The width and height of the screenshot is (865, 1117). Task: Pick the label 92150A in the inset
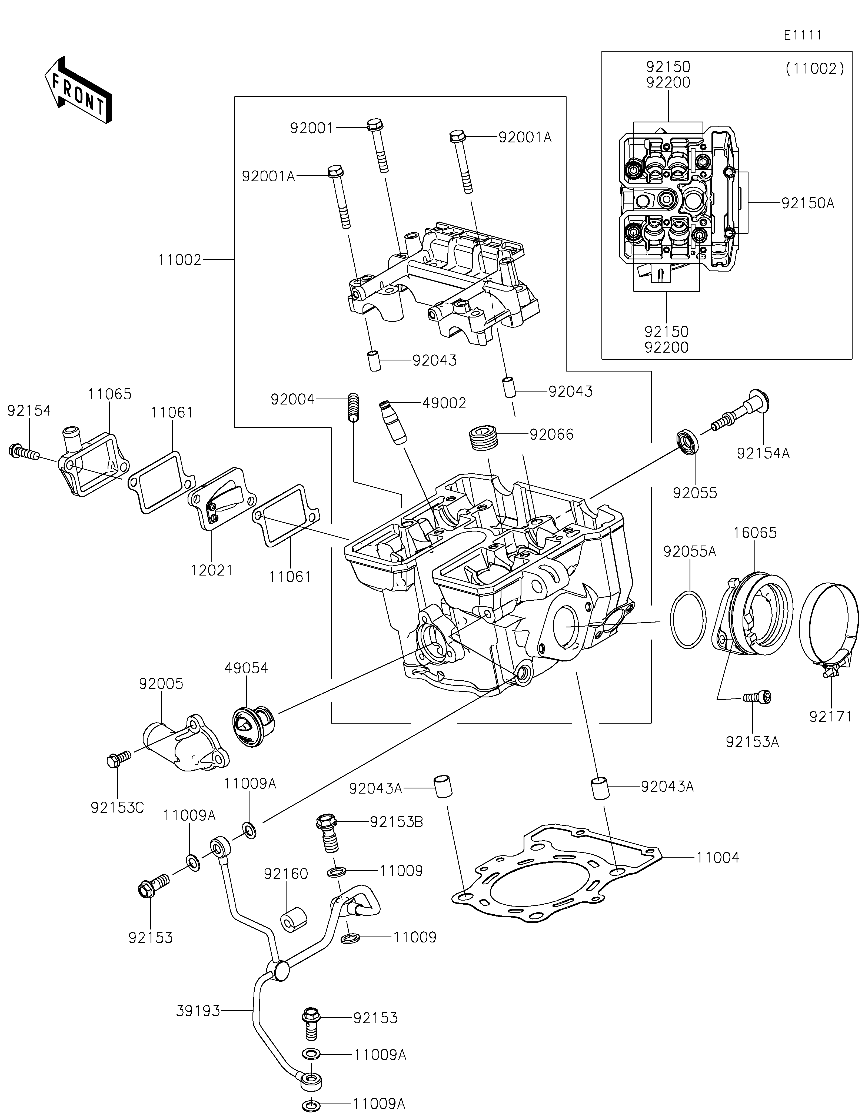[x=807, y=203]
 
